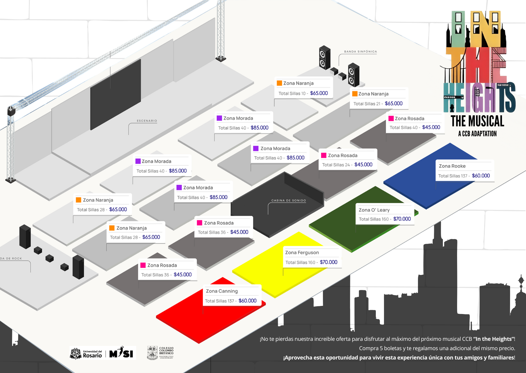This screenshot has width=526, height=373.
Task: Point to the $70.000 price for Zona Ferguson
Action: point(329,262)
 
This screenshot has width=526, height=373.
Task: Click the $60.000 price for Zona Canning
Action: point(247,301)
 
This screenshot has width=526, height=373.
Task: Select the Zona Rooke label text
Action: point(452,166)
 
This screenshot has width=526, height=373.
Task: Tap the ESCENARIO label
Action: point(147,121)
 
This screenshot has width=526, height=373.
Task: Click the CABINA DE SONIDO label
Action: point(289,200)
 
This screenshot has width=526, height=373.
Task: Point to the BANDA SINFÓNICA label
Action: point(360,52)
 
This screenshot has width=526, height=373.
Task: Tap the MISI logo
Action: point(121,353)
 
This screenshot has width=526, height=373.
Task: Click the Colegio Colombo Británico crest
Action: point(153,353)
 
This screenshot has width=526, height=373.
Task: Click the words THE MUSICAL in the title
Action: point(477,121)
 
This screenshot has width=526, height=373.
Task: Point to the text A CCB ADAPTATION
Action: point(477,134)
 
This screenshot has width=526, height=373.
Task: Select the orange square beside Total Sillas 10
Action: point(280,83)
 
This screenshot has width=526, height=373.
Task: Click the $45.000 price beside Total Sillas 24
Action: point(363,165)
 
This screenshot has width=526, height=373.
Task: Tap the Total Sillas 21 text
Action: point(367,104)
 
